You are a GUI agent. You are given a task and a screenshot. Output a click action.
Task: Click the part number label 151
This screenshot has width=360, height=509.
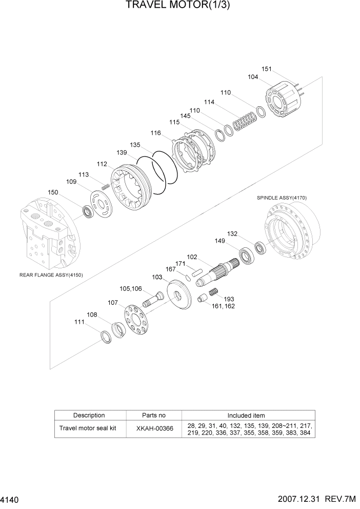(266, 69)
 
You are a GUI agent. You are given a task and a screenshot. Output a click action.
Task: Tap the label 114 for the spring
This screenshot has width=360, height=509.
(209, 102)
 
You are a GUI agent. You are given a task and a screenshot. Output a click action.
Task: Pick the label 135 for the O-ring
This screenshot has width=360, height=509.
(135, 145)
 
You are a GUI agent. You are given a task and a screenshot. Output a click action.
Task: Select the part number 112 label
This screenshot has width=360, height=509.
(102, 164)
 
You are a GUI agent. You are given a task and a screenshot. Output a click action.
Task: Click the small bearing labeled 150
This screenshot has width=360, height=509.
(89, 210)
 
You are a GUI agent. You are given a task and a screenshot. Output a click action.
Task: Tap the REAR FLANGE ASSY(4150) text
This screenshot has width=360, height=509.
(51, 275)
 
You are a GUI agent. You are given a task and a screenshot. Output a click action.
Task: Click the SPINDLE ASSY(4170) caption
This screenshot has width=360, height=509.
(282, 198)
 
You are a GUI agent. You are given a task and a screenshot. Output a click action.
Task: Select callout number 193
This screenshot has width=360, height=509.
(229, 299)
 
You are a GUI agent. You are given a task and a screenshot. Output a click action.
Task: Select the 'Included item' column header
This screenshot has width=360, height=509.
(246, 415)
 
